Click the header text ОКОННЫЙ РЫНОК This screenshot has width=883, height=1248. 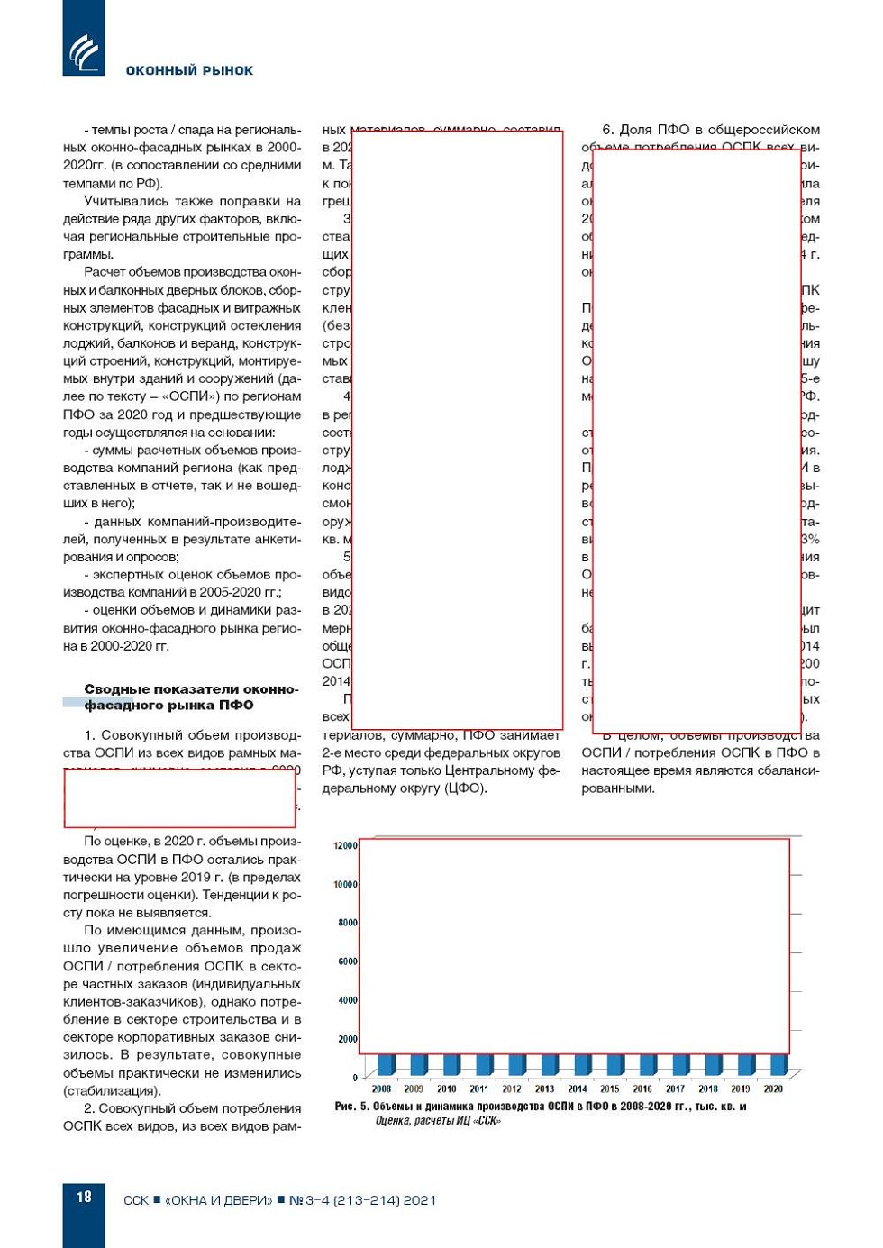189,70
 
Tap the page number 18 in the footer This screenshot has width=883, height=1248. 84,1197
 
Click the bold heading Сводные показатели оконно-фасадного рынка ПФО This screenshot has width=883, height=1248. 191,697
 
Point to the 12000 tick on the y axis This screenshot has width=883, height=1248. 345,845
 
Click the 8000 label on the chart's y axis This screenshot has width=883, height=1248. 347,922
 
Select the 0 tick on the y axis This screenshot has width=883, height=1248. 354,1077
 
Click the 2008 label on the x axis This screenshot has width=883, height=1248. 381,1089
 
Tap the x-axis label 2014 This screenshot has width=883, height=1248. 577,1089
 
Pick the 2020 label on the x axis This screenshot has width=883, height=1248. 772,1089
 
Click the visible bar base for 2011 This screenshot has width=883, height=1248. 484,1065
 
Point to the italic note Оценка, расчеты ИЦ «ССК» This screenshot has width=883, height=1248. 438,1120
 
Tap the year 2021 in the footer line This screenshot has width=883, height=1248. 420,1199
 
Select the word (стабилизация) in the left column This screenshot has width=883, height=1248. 112,1090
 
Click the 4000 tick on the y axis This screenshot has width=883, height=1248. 347,999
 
